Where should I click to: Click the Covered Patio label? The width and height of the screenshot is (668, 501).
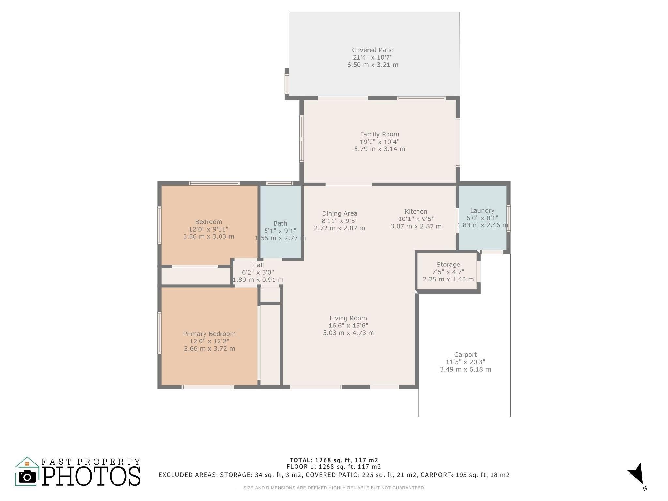point(372,50)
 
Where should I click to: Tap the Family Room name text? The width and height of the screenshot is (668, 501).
point(379,134)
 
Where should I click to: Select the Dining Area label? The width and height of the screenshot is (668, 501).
point(339,213)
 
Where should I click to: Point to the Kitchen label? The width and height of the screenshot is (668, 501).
point(416,211)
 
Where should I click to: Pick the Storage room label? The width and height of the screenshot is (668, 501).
point(448,265)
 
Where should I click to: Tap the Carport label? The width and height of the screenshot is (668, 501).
point(465,355)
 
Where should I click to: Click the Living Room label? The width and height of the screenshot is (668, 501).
point(348,318)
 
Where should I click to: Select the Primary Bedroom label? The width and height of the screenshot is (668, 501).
point(209,334)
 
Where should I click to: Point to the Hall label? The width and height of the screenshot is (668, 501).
point(258,265)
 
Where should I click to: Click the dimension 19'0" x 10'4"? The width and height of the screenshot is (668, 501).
point(379,142)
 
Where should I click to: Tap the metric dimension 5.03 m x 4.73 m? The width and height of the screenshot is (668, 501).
point(348,333)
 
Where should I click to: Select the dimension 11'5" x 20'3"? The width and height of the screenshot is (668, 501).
point(465,362)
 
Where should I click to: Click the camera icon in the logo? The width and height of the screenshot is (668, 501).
point(27,477)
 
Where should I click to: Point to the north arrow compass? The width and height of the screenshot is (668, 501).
point(636,474)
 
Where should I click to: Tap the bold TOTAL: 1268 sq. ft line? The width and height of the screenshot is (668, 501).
point(334,460)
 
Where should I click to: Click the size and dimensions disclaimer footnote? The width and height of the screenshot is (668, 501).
point(333,488)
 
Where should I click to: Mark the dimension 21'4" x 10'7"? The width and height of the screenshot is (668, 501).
point(372,57)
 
